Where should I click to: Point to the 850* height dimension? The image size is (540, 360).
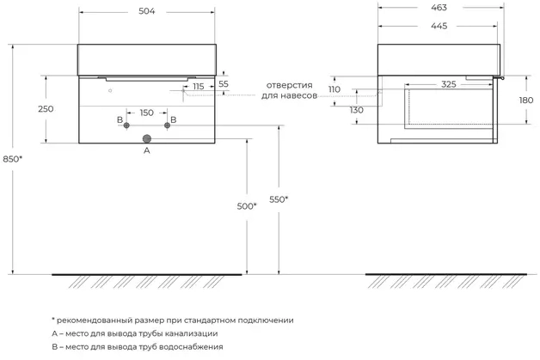13,158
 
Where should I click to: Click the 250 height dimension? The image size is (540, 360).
46,108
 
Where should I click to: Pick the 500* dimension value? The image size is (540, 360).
247,206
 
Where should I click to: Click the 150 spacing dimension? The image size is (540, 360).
146,113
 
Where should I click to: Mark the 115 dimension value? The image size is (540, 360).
199,87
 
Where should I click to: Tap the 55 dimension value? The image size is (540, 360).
224,83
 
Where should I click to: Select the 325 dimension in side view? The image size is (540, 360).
449,84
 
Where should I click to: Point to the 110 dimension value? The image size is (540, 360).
335,89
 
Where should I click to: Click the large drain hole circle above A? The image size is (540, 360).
146,137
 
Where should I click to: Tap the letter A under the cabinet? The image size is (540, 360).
146,150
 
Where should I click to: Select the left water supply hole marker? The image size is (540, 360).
126,126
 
